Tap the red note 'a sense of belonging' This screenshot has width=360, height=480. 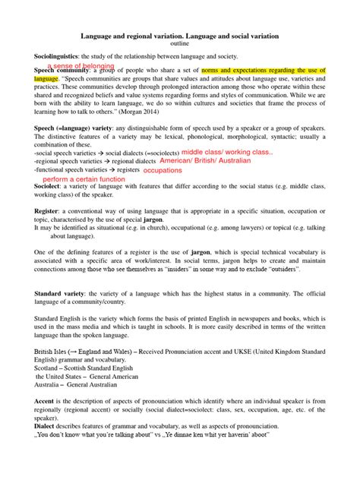[x=81, y=66]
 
